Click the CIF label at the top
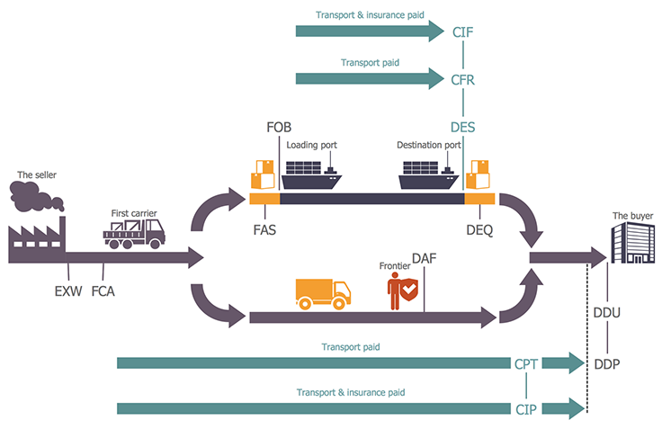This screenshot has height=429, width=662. [x=462, y=32]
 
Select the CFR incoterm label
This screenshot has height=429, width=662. [x=462, y=80]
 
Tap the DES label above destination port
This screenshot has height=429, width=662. [x=462, y=128]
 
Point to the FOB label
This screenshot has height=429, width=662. [x=279, y=128]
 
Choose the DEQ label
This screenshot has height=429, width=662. [x=479, y=228]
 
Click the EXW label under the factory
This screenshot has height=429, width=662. [x=67, y=290]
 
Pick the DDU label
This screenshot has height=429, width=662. [x=607, y=313]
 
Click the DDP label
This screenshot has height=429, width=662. [x=607, y=363]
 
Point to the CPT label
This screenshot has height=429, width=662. [x=526, y=363]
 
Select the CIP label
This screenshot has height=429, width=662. [x=526, y=409]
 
